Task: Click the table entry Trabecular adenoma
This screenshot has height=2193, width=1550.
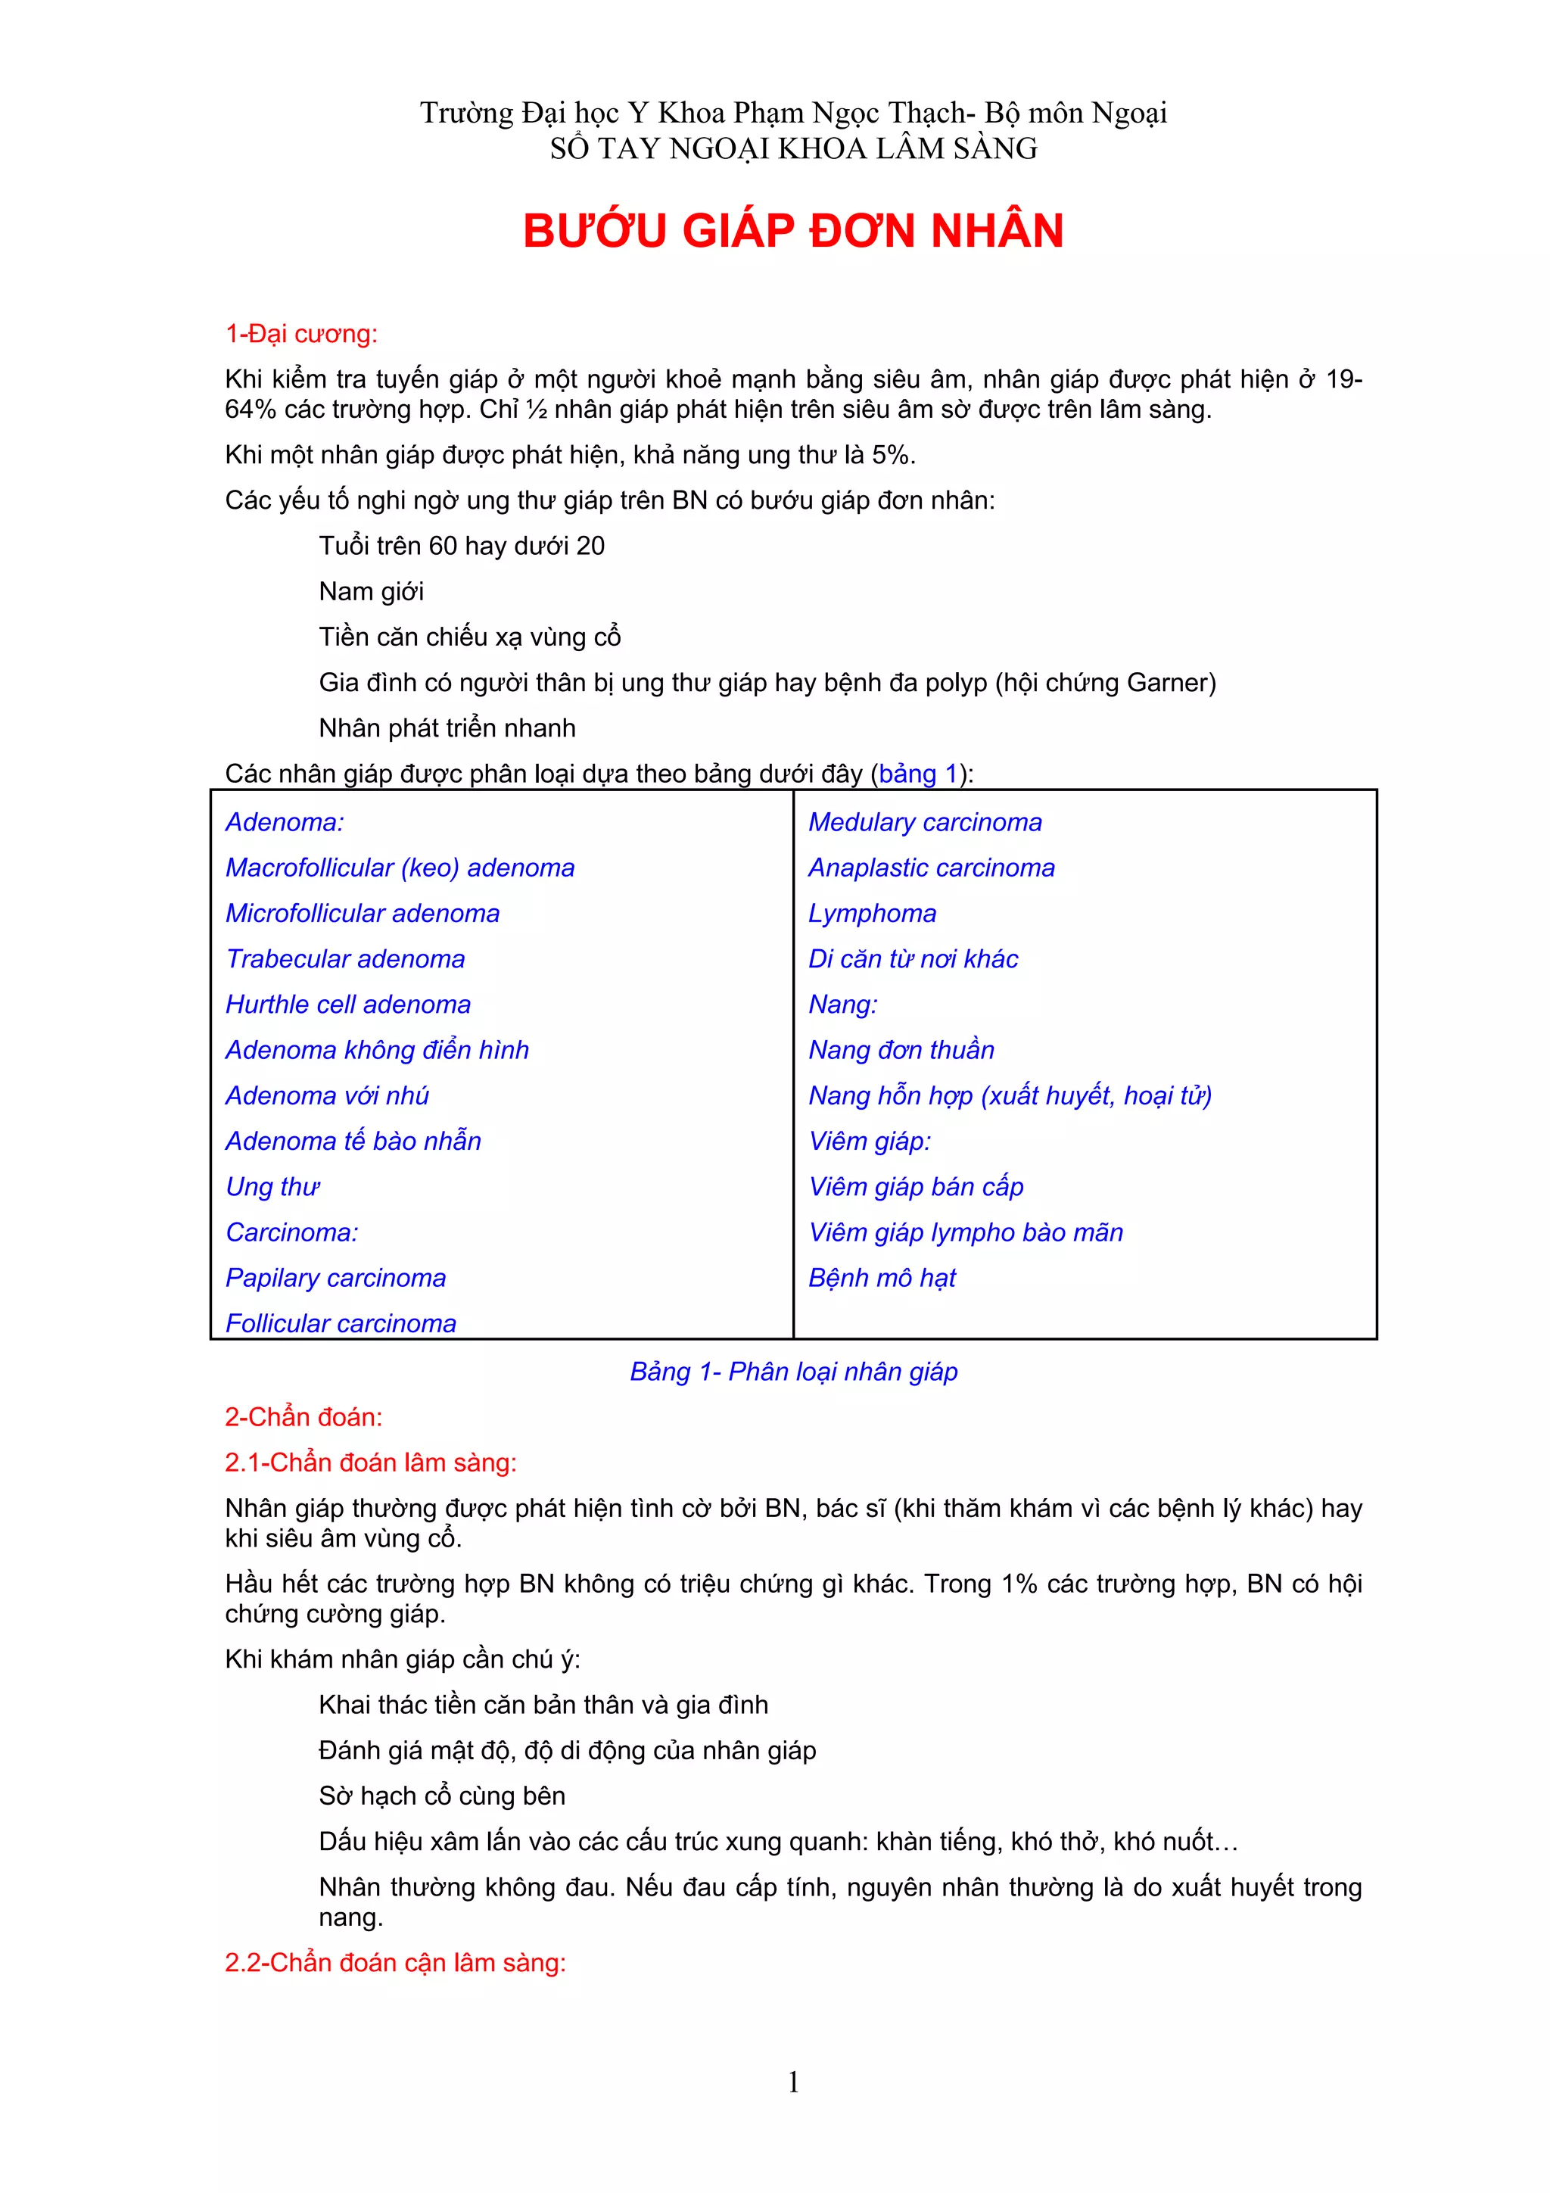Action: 345,959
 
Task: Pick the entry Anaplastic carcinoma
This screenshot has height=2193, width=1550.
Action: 931,868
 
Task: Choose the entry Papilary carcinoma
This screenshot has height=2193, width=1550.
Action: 335,1278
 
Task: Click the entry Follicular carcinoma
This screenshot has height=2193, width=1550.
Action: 340,1323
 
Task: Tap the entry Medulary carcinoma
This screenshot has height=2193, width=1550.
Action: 924,822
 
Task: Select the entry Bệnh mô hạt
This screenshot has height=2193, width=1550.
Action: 882,1278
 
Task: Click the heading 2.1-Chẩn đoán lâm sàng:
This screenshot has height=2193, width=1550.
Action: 371,1463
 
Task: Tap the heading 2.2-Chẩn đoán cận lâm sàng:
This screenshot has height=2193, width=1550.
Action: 395,1963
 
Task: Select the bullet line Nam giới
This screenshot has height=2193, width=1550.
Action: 371,592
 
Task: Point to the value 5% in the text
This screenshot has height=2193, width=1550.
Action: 889,455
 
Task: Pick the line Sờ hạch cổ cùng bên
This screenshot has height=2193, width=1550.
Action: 441,1796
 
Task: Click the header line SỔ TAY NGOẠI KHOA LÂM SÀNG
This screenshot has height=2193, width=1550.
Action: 792,149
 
